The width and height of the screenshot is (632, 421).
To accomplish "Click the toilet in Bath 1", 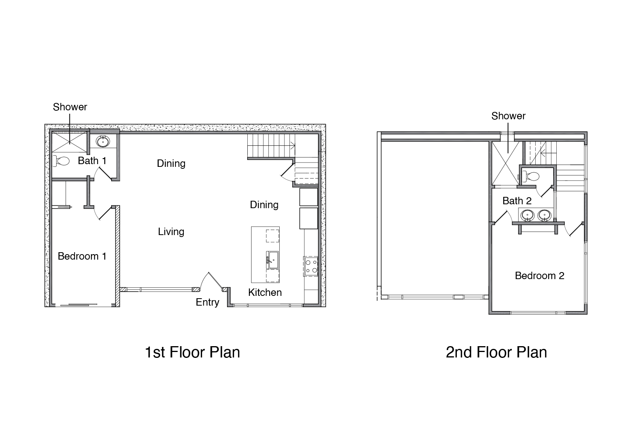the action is tap(61, 161).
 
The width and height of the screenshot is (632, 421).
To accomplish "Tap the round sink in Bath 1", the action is tap(103, 141).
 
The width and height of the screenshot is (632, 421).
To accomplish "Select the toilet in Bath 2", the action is tap(531, 177).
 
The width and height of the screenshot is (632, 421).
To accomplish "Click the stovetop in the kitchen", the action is tap(311, 266).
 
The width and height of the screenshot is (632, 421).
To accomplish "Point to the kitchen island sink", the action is tap(273, 260).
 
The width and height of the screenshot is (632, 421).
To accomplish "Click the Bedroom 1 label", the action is tap(82, 256).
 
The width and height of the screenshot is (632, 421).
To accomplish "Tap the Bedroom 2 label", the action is tap(540, 276).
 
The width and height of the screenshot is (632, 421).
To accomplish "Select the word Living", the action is tap(171, 232).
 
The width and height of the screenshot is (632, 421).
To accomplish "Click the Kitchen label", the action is tap(265, 292).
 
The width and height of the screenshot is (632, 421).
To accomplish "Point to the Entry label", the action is tap(208, 302).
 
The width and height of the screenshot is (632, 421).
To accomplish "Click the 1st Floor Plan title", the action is tap(192, 352).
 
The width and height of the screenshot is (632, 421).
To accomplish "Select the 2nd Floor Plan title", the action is tap(496, 352).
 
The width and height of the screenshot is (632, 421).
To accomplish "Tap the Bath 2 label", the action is tap(517, 201).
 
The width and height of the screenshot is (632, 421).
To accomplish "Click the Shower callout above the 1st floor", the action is tap(70, 107).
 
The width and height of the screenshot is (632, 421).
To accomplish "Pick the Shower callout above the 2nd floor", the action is tap(508, 116).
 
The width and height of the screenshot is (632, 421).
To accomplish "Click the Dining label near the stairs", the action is tap(264, 205).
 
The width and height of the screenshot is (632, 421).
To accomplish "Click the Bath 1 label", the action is tap(92, 161).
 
